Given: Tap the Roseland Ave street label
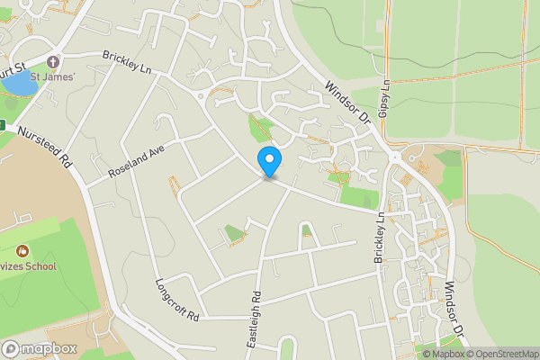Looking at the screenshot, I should (137, 161).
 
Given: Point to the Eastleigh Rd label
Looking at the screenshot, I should (255, 320).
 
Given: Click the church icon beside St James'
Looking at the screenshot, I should (52, 62).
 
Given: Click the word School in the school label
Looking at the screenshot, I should (40, 265).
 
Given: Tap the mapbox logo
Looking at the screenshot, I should (40, 348).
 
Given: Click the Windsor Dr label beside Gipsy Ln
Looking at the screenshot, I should (347, 102).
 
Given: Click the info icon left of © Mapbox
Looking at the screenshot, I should (402, 353).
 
